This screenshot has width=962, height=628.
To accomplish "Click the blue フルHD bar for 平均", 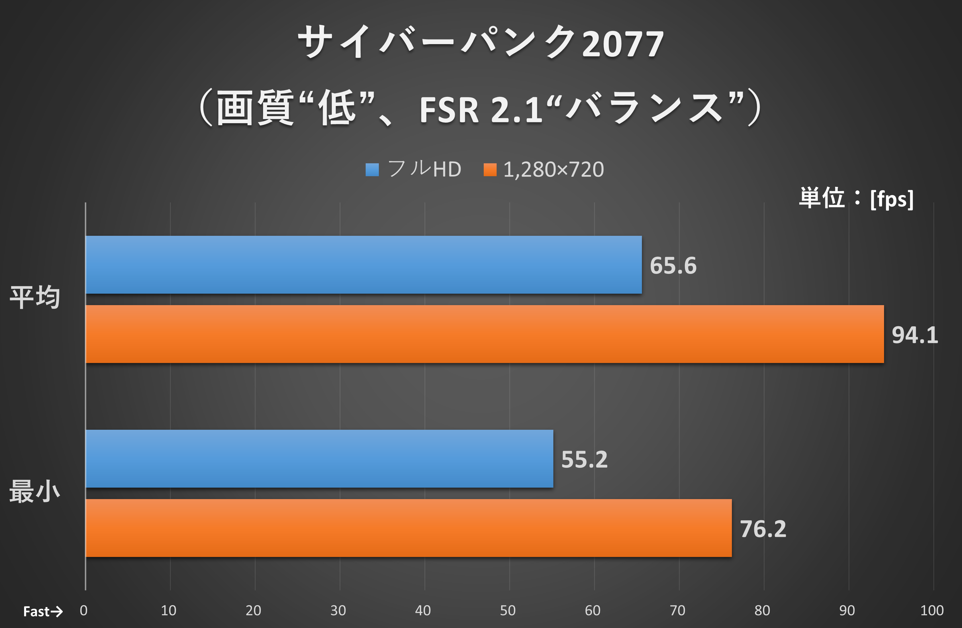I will coord(363,265).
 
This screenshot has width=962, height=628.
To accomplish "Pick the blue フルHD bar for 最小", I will coord(319,459).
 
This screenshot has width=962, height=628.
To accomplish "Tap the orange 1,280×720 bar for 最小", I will coord(408,528).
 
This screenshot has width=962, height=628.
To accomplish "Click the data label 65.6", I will coord(673,266).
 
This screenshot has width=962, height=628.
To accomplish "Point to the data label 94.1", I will coord(915,335).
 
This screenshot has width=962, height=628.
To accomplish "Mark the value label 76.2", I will coord(763,529).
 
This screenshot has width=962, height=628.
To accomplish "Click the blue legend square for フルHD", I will coord(372,170).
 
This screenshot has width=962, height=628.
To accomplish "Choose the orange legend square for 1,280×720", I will coord(490,170).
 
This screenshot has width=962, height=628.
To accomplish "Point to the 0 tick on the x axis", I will coord(84,610).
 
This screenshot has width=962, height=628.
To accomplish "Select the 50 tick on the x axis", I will coord(508,610).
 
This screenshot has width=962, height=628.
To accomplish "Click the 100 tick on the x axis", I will coord(932,610).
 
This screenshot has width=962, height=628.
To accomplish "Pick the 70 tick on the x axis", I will coord(677,610).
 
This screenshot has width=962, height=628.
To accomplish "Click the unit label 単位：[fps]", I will coord(856,199).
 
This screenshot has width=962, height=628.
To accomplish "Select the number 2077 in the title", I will coord(622,44).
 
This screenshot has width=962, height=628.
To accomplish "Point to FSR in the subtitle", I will coord(449,110).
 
